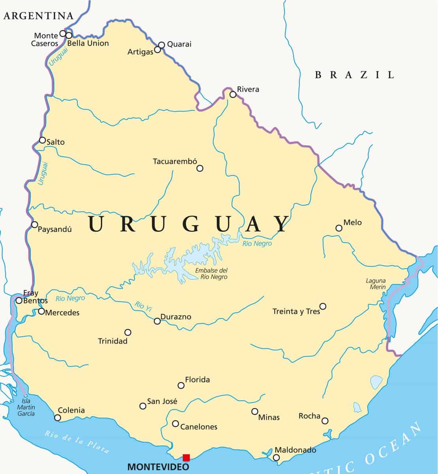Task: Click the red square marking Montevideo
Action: coord(186,457)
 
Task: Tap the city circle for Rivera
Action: coord(233,94)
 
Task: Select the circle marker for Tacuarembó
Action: coord(200,168)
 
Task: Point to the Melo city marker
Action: coord(339,228)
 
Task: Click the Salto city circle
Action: coord(42,140)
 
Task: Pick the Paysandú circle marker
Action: coord(35,225)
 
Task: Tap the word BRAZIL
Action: coord(354,75)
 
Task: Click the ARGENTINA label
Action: coord(38,16)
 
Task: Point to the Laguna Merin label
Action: coord(376,284)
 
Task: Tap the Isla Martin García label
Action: coord(26,407)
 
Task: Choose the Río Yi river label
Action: coord(143,307)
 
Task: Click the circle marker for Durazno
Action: coord(157,321)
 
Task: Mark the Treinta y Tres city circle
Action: coord(323,306)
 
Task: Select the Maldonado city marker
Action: coord(276,457)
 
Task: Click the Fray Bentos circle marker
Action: coord(19,301)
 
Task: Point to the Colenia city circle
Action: coord(58,418)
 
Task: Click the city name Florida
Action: coord(197,380)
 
